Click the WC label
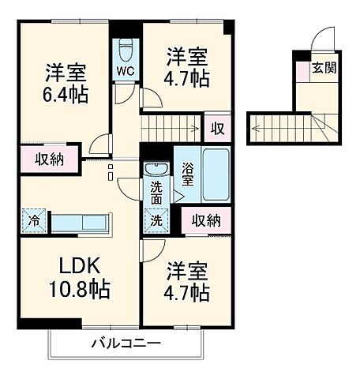pos(126,71)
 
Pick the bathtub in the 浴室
pos(215,173)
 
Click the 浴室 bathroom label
pos(187,174)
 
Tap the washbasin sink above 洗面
pos(156,169)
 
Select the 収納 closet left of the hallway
pos(49,159)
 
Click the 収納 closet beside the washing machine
pos(204,220)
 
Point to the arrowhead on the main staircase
pos(195,126)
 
